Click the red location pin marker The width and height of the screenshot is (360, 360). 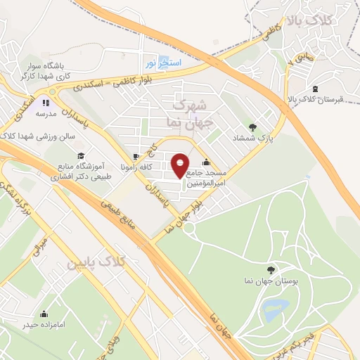click(181, 166)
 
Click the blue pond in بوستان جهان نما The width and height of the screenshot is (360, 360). click(276, 307)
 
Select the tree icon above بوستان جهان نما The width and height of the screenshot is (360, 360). click(271, 269)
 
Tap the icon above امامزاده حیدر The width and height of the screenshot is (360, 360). click(44, 314)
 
